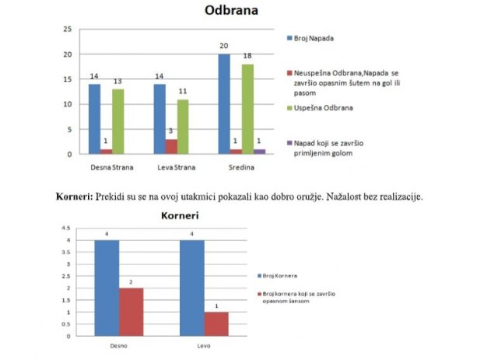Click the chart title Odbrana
[x=231, y=11]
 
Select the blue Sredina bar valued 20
[x=224, y=104]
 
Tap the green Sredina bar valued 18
[x=247, y=109]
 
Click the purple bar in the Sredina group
[x=259, y=152]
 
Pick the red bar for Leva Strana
[x=172, y=146]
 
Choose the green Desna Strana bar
[x=117, y=121]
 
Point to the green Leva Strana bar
[x=184, y=126]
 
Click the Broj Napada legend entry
[x=311, y=38]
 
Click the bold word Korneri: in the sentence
[x=74, y=197]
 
